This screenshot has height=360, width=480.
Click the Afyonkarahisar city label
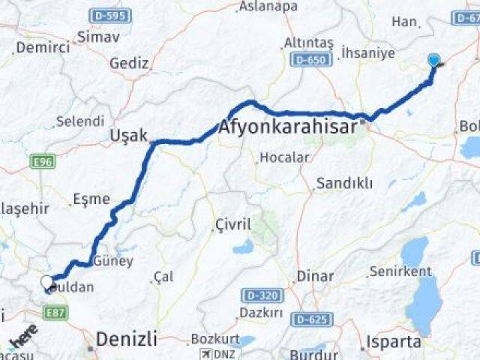tap(288, 127)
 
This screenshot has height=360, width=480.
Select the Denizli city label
tap(125, 340)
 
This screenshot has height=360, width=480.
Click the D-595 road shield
tap(109, 15)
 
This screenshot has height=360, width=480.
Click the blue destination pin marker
tap(433, 61)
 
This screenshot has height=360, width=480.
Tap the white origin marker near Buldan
tap(47, 283)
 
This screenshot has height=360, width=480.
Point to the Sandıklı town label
tap(339, 183)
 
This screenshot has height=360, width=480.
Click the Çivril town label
tap(232, 224)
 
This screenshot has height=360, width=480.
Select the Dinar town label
tap(314, 276)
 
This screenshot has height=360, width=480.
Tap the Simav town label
tap(97, 36)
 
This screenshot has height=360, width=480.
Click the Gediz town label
tap(129, 63)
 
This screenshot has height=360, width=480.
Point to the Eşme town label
tap(91, 199)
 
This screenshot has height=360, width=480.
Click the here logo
tap(22, 339)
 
